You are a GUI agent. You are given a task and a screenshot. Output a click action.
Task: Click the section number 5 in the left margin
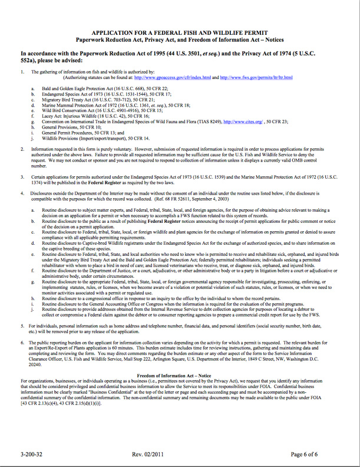tap(23, 326)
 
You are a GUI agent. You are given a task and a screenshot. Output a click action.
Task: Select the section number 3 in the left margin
tap(23, 176)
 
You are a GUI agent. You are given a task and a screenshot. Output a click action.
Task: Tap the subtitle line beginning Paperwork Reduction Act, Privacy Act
tap(180, 40)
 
